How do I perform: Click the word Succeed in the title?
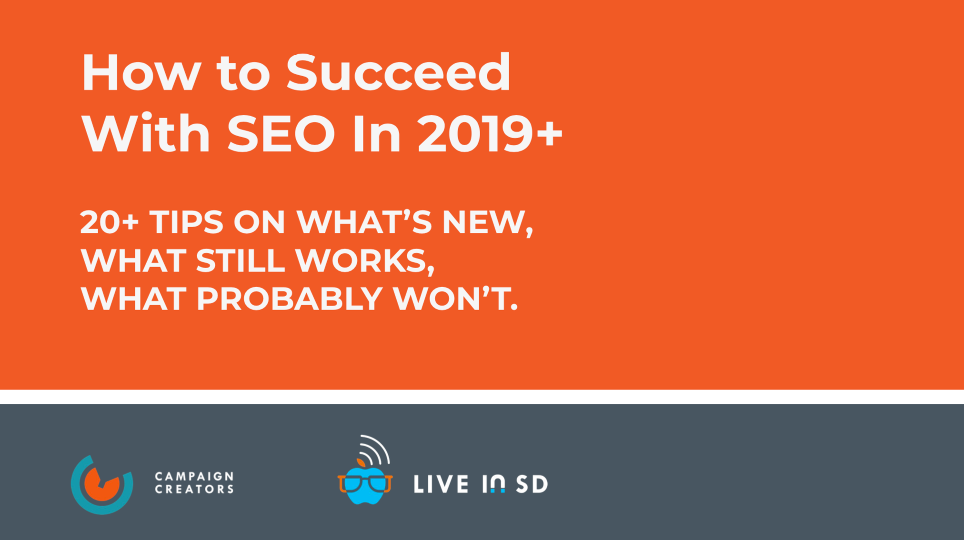tap(398, 73)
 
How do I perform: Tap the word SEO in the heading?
tap(281, 134)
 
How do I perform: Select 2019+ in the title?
tap(490, 134)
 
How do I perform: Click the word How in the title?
tap(141, 73)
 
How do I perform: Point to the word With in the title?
tap(146, 134)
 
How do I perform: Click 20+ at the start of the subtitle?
tap(109, 222)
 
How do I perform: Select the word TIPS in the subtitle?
tap(186, 222)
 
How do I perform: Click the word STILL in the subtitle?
tap(240, 260)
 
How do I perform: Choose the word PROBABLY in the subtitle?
tap(289, 299)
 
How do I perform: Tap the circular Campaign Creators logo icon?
tap(102, 485)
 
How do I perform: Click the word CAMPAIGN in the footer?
tap(194, 476)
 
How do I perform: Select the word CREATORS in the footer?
tap(194, 490)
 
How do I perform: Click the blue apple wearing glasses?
tap(365, 485)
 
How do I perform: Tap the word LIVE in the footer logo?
tap(441, 485)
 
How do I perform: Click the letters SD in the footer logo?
tap(532, 485)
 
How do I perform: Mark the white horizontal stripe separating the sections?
tap(482, 397)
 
